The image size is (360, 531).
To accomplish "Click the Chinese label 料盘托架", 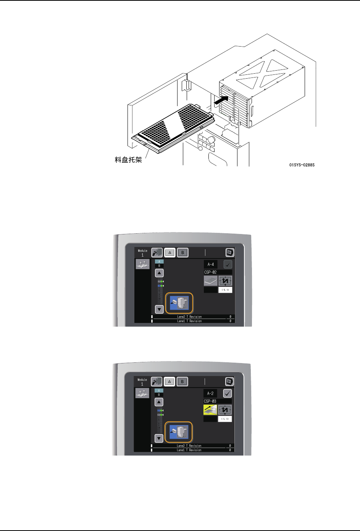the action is click(128, 160).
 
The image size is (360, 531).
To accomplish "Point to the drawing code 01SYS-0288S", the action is click(302, 165).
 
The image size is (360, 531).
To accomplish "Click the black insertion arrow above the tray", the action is click(221, 100).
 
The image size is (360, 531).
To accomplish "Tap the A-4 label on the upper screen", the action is click(210, 264).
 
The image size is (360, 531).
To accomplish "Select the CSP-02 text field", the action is click(218, 272).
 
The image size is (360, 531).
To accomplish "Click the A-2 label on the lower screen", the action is click(210, 393).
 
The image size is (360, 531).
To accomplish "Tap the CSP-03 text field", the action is click(217, 401).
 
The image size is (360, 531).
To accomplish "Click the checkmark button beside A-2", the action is click(228, 393).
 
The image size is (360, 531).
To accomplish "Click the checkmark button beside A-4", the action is click(228, 264).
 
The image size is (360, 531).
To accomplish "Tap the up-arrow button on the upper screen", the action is click(159, 273).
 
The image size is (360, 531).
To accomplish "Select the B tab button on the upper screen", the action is click(183, 253).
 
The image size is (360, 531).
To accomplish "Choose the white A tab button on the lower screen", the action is click(170, 381).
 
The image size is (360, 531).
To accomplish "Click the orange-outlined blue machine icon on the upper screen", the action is click(179, 303).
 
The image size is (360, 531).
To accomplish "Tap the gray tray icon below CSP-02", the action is click(210, 281).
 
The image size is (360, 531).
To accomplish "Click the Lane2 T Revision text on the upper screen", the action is click(189, 317).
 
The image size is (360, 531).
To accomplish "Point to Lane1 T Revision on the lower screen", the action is click(189, 450).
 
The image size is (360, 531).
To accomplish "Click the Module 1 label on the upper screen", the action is click(142, 253).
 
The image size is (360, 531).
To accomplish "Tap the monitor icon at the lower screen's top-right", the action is click(229, 381).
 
